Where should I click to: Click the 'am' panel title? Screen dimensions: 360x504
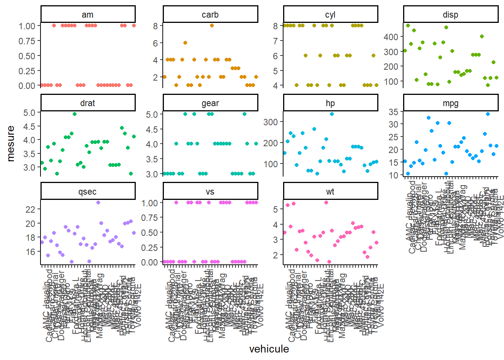[88, 15]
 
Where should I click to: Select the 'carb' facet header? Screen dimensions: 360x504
[210, 15]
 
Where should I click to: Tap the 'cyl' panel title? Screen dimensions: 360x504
[330, 15]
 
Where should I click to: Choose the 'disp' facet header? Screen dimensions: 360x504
[450, 15]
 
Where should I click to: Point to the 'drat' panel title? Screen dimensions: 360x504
[88, 103]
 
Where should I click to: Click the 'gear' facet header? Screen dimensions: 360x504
[210, 103]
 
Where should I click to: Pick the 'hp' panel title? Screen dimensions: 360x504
[330, 103]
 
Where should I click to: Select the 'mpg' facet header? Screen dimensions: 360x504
[450, 103]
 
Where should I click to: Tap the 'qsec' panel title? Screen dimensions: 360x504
[88, 192]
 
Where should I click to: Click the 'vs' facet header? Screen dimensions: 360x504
[210, 192]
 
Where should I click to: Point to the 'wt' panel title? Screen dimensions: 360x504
[330, 192]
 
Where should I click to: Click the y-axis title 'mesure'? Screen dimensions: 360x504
[11, 144]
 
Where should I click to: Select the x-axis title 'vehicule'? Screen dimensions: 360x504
[269, 349]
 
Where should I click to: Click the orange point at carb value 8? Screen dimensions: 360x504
[212, 25]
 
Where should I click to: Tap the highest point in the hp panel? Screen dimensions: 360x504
[332, 114]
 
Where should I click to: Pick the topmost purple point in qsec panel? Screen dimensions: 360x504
[98, 202]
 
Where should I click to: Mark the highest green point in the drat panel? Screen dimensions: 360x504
[75, 114]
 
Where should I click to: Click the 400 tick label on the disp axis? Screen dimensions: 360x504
[391, 37]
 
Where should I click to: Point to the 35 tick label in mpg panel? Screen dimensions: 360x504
[393, 112]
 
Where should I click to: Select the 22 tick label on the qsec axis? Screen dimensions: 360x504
[30, 209]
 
